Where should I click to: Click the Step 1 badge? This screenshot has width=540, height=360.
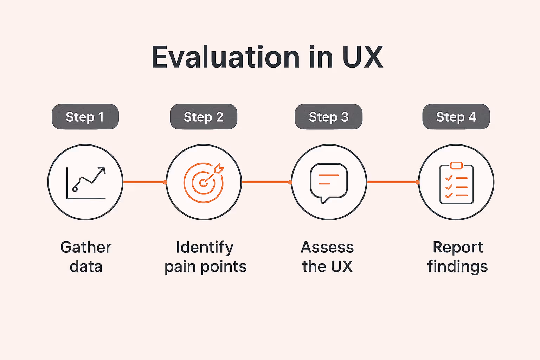[85, 117]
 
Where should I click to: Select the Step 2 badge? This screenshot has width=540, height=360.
[204, 117]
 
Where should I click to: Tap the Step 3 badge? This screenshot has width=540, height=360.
[328, 117]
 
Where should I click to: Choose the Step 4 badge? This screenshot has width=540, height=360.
[456, 117]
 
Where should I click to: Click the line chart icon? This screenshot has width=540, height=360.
[86, 183]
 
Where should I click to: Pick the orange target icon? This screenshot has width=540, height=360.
[204, 183]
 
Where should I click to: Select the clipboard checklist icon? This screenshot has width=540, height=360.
[456, 184]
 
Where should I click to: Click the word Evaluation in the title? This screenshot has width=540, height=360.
[225, 57]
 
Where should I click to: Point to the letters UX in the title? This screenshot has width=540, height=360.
[362, 57]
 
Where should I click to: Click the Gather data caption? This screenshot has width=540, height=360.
[86, 257]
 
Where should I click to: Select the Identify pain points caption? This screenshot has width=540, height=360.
[205, 257]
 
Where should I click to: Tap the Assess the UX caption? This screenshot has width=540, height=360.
[327, 257]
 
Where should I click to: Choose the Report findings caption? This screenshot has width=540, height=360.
[457, 257]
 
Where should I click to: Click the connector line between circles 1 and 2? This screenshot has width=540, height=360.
[144, 182]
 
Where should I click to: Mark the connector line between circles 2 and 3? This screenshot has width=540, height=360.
[266, 182]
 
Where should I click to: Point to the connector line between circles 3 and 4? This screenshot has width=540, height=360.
[392, 182]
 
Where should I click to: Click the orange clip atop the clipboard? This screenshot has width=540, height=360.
[456, 166]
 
